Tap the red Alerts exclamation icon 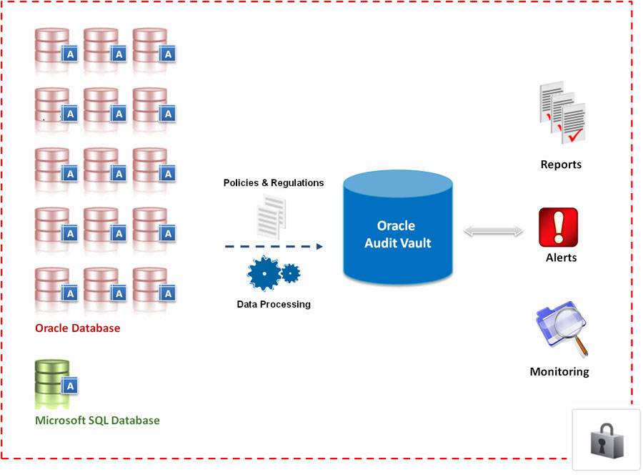click(558, 227)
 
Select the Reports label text click(561, 165)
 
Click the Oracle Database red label click(78, 328)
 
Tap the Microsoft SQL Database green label click(97, 420)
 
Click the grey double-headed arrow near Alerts click(493, 231)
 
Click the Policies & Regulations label click(274, 183)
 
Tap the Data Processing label click(274, 304)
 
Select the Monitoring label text click(559, 372)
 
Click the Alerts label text click(561, 258)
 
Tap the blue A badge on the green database click(69, 386)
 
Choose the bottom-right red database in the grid click(150, 285)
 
